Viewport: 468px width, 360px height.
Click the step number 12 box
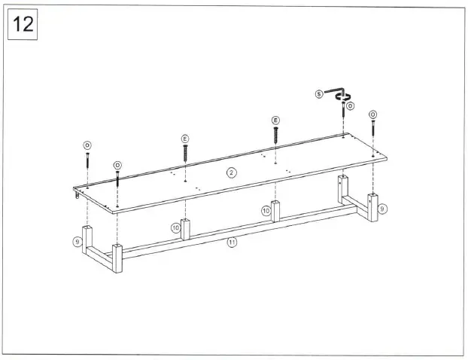pyautogui.click(x=23, y=24)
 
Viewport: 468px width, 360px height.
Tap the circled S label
pyautogui.click(x=319, y=94)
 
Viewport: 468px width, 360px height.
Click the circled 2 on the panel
pyautogui.click(x=232, y=172)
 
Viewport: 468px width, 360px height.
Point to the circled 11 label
pyautogui.click(x=232, y=242)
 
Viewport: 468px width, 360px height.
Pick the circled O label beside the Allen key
pyautogui.click(x=351, y=106)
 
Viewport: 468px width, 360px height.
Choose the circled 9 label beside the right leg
pyautogui.click(x=382, y=208)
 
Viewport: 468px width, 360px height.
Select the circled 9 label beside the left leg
pyautogui.click(x=77, y=242)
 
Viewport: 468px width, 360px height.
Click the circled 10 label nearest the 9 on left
pyautogui.click(x=175, y=227)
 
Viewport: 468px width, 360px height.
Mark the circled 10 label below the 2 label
pyautogui.click(x=266, y=211)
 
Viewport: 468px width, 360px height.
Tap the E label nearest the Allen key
pyautogui.click(x=275, y=121)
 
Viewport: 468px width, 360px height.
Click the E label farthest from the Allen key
pyautogui.click(x=185, y=139)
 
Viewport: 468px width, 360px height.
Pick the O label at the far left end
pyautogui.click(x=87, y=145)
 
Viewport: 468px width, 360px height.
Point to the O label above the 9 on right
pyautogui.click(x=372, y=114)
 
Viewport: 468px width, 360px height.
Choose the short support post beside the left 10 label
pyautogui.click(x=187, y=229)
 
